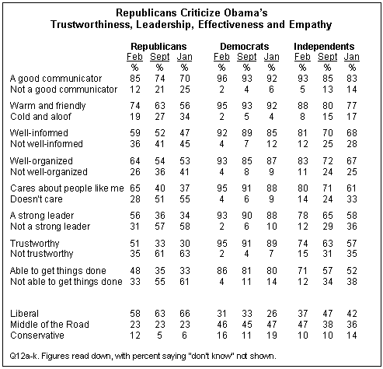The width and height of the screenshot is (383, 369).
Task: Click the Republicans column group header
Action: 158,47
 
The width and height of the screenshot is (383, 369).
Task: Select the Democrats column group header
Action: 245,47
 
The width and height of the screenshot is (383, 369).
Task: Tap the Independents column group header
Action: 324,47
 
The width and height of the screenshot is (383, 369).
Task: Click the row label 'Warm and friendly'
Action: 47,106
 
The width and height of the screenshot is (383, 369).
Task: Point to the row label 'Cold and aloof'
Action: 40,117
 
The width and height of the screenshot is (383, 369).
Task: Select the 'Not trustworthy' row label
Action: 42,254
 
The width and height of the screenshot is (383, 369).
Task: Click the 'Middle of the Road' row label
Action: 50,325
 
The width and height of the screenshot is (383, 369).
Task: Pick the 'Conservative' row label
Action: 37,336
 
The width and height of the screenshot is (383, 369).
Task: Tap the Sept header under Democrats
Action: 246,57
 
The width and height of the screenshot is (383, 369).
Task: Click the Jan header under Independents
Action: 352,57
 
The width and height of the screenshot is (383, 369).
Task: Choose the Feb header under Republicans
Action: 134,57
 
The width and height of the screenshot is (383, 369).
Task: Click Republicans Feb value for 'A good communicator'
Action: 135,79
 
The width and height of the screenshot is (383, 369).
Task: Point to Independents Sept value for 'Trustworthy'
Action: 327,244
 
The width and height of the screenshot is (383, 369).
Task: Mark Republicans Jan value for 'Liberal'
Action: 185,314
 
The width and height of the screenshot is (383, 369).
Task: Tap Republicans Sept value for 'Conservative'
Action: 159,336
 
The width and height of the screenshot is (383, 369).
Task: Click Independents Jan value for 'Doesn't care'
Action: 352,199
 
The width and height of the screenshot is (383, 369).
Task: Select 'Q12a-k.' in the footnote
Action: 24,356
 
